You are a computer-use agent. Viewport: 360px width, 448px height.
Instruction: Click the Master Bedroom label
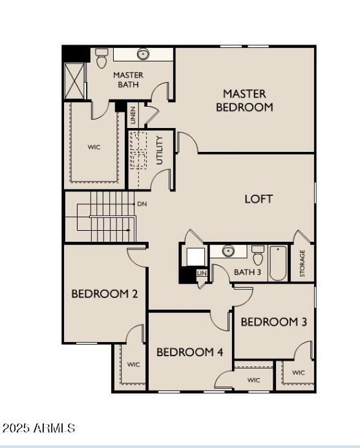(244, 100)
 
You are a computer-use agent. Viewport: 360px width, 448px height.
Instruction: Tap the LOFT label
(259, 199)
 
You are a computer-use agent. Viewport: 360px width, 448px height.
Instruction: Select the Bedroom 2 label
(105, 293)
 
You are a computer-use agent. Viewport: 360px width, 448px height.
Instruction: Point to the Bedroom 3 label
(273, 322)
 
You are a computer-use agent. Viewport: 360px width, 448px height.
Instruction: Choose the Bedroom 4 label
(190, 352)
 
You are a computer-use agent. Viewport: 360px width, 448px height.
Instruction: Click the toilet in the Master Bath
(101, 58)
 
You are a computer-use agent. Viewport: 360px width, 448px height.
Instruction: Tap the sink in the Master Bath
(143, 54)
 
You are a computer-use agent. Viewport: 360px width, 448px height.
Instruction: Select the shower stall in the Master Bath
(74, 81)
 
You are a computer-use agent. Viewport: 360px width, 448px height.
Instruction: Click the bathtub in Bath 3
(278, 263)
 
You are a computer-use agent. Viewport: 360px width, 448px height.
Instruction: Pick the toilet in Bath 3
(258, 255)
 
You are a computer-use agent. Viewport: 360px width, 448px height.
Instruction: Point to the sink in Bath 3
(228, 251)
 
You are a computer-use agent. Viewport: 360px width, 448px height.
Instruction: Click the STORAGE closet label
(302, 263)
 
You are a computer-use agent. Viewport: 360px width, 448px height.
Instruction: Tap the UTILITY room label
(160, 150)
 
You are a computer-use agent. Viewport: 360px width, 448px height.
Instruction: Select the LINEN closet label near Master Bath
(133, 115)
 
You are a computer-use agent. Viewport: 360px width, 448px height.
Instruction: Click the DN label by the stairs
(142, 204)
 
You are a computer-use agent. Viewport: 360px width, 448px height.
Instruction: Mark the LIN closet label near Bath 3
(202, 273)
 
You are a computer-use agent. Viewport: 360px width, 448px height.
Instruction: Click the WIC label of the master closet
(94, 147)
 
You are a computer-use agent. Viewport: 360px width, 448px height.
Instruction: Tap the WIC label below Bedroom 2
(133, 365)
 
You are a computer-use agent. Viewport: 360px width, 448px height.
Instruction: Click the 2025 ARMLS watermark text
(39, 428)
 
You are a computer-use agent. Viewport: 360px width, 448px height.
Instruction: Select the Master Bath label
(128, 80)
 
